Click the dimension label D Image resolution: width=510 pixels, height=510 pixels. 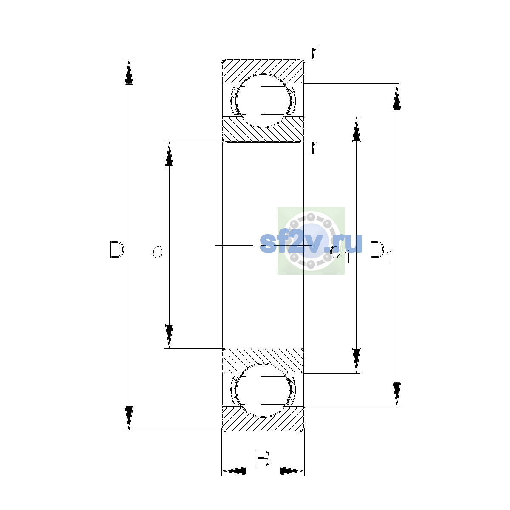(x=117, y=249)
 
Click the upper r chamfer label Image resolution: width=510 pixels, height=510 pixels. (x=315, y=53)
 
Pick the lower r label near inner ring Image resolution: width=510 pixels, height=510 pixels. (x=315, y=147)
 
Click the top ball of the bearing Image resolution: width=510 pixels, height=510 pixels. (x=263, y=101)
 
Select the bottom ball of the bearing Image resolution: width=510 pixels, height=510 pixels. (x=263, y=390)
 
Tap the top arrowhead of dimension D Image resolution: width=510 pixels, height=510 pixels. (x=129, y=72)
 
